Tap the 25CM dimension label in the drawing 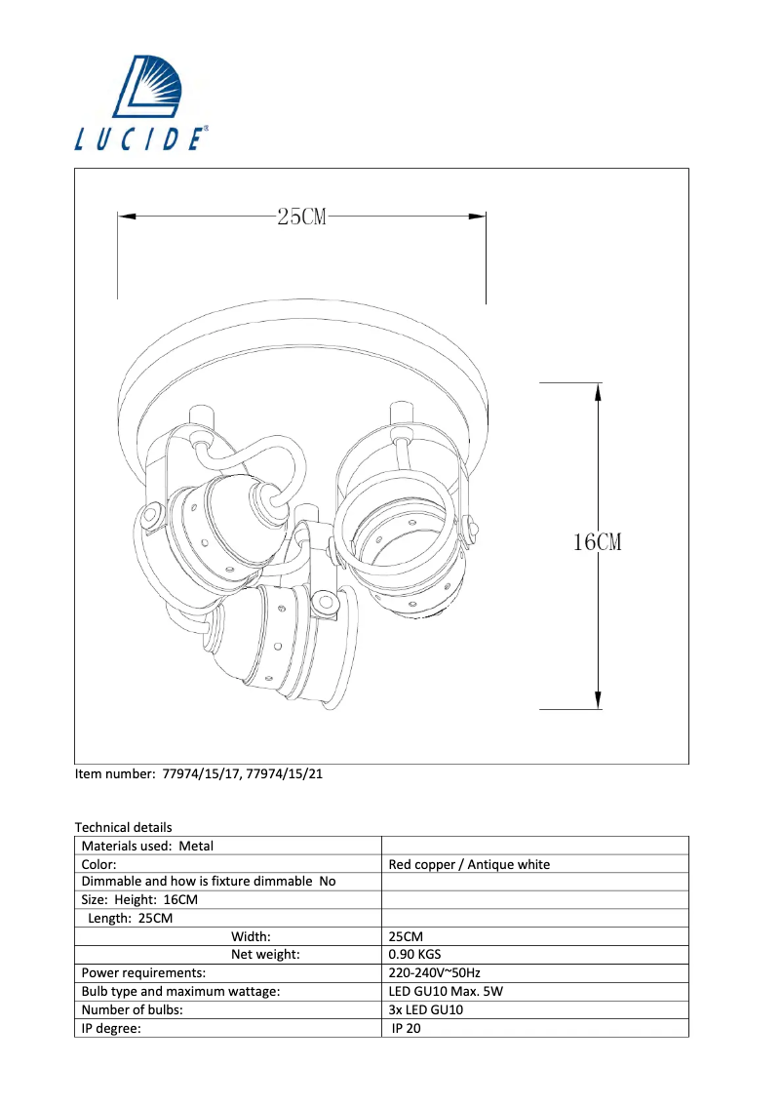tap(301, 217)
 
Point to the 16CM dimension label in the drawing tap(597, 542)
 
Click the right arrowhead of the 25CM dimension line tap(477, 217)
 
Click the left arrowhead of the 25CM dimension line tap(127, 217)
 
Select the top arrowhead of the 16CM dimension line tap(598, 393)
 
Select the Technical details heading tap(123, 827)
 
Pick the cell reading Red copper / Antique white tap(469, 864)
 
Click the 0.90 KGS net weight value tap(415, 954)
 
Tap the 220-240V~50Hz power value tap(434, 972)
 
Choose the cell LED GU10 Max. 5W tap(446, 991)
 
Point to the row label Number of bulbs tap(132, 1009)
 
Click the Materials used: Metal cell tap(147, 846)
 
